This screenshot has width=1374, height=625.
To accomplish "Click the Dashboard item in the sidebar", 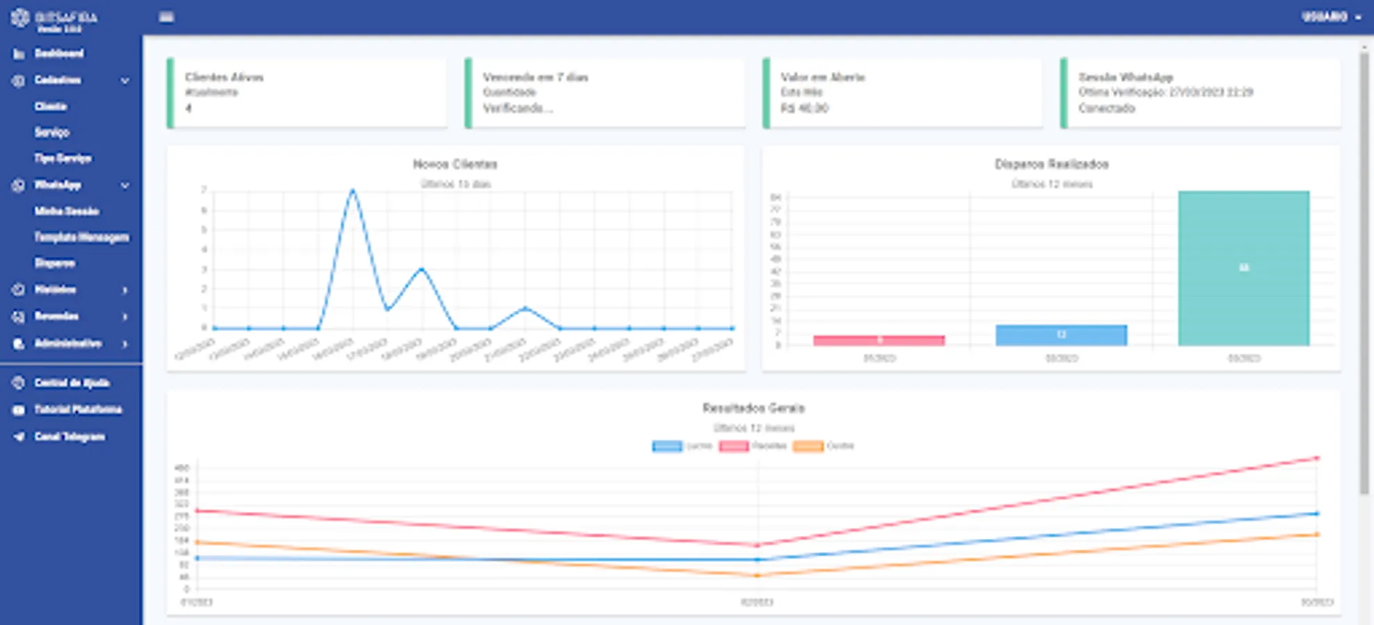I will point(59,53).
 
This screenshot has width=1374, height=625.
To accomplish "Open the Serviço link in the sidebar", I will point(52,132).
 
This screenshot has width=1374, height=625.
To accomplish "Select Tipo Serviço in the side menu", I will point(63,158).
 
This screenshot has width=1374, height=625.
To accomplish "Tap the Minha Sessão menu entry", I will point(67,211).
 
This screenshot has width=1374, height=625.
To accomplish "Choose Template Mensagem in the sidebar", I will point(81,237).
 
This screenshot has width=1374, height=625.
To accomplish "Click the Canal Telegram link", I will point(69,437).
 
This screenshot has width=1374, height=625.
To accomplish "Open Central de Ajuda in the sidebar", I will point(72,383).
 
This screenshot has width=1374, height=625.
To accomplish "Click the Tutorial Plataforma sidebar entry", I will point(78,410).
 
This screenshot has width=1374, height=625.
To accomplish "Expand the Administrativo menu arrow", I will point(125,344).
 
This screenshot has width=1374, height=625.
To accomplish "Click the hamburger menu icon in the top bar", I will point(166,17).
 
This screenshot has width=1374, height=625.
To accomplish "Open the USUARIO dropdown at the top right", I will point(1331,17).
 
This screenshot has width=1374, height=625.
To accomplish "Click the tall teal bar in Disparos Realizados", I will point(1243,268).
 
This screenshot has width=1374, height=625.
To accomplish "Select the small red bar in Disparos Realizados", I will point(879,340).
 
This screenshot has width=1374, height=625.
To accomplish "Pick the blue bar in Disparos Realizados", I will point(1061,335).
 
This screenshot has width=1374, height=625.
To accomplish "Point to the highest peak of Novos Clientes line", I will point(353,190).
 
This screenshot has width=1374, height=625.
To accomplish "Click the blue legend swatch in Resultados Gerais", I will point(667,446).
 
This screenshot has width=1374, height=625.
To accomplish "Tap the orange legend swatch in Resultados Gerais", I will point(808,446).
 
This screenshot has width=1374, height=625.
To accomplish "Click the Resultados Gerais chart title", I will point(753,408).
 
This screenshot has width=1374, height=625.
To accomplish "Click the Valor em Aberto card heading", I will point(822,77).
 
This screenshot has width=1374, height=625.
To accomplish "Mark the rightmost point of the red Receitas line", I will point(1316,458).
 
